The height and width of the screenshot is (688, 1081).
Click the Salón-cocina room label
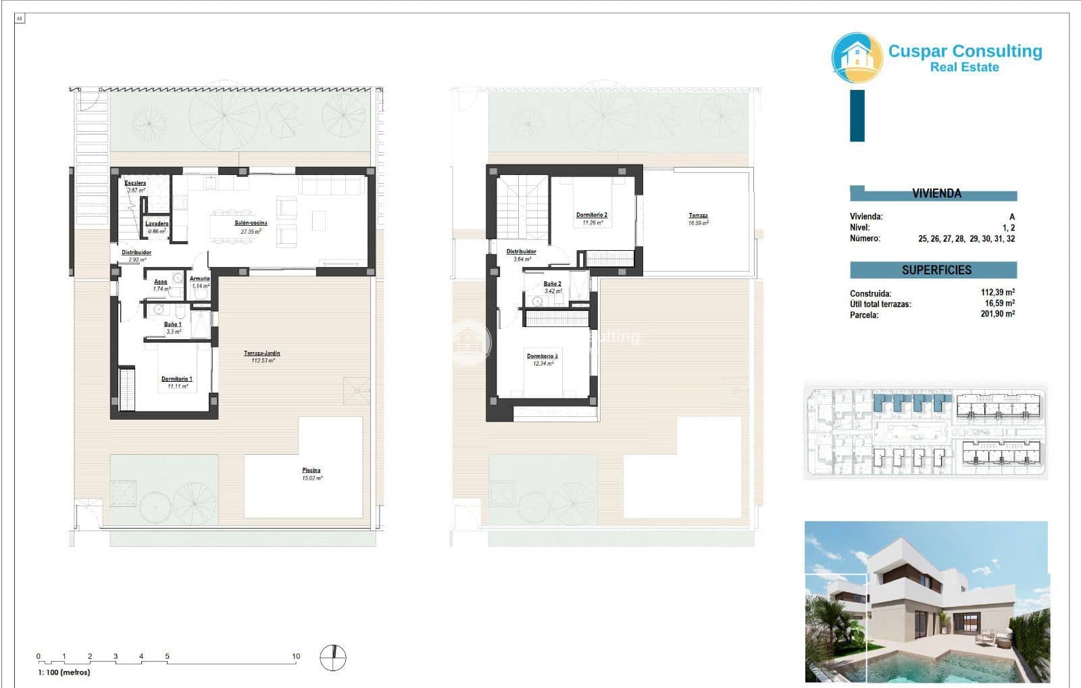(251, 222)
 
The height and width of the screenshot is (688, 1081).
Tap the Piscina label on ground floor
(311, 470)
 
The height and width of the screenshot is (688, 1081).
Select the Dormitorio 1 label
(176, 378)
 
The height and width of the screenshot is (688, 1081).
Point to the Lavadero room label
(157, 224)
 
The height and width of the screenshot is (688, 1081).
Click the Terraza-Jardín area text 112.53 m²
(263, 361)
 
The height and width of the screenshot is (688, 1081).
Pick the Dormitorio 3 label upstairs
(542, 356)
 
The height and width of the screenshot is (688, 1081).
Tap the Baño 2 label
(552, 284)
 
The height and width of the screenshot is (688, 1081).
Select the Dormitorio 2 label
(591, 215)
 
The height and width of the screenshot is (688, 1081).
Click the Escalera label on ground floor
(135, 183)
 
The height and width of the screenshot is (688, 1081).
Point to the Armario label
(199, 278)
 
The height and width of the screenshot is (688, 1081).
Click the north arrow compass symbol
(332, 658)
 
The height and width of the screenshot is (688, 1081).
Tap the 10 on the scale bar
(296, 656)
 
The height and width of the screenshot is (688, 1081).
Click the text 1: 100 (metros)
(64, 672)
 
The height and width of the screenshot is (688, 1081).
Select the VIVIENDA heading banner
(936, 193)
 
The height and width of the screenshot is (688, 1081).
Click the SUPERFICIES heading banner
(936, 270)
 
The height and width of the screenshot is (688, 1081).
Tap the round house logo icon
(857, 57)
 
